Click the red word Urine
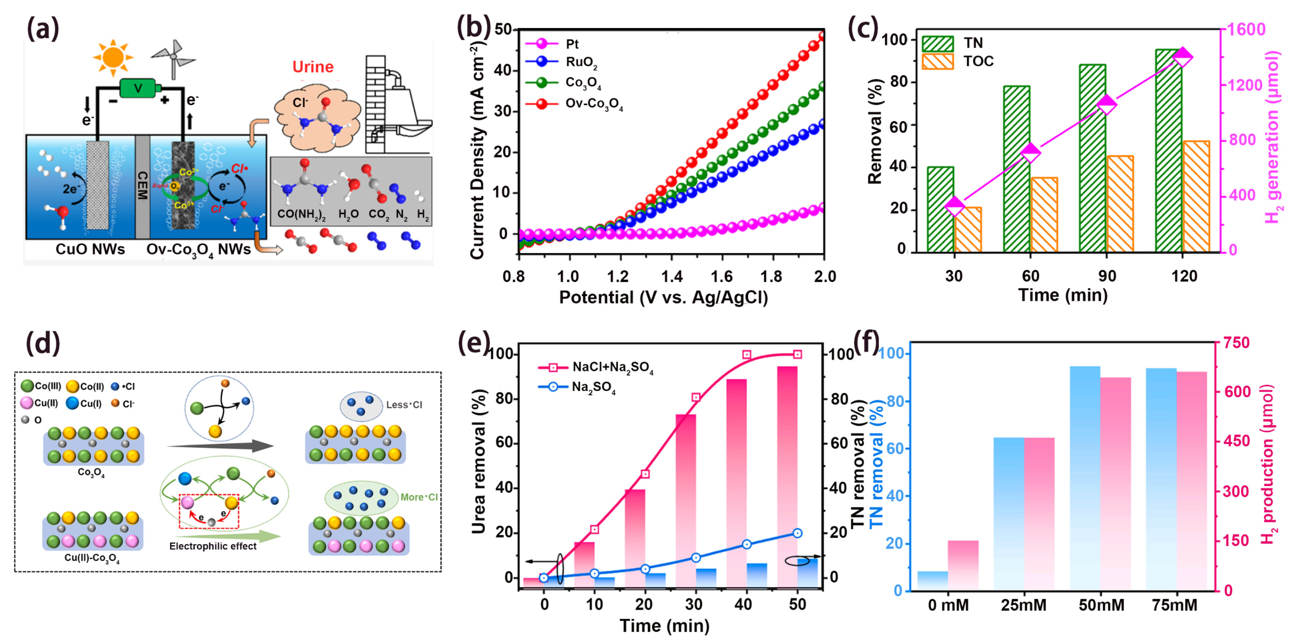[x=313, y=67]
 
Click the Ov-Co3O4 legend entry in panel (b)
[x=594, y=104]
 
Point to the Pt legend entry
[x=572, y=44]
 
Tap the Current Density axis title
[x=477, y=151]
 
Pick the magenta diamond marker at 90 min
[x=1107, y=105]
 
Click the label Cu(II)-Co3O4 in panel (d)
[x=92, y=558]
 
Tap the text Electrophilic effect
[x=213, y=546]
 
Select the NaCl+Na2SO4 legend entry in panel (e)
[x=612, y=367]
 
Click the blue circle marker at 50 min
[x=797, y=533]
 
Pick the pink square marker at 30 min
[x=696, y=397]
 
